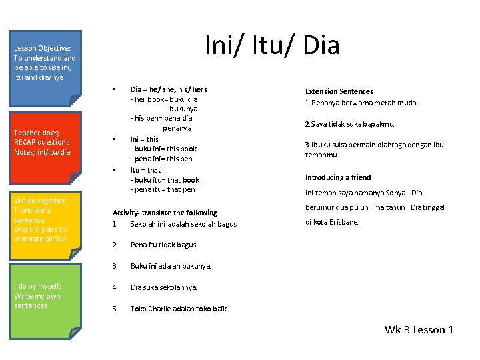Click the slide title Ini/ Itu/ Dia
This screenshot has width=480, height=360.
point(272,45)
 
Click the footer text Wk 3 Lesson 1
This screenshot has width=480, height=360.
point(419,329)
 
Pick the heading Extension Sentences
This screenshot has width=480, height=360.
point(339,91)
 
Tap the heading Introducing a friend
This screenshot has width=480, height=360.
point(338,177)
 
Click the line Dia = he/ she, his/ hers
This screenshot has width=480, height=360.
point(169,89)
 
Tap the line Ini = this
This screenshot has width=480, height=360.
point(145,139)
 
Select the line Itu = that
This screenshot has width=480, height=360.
point(145,170)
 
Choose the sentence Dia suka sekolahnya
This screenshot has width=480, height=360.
point(163,287)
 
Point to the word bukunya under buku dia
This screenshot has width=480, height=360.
point(183,108)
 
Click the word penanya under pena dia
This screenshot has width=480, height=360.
point(177,127)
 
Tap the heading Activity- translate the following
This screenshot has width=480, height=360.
point(165,213)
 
